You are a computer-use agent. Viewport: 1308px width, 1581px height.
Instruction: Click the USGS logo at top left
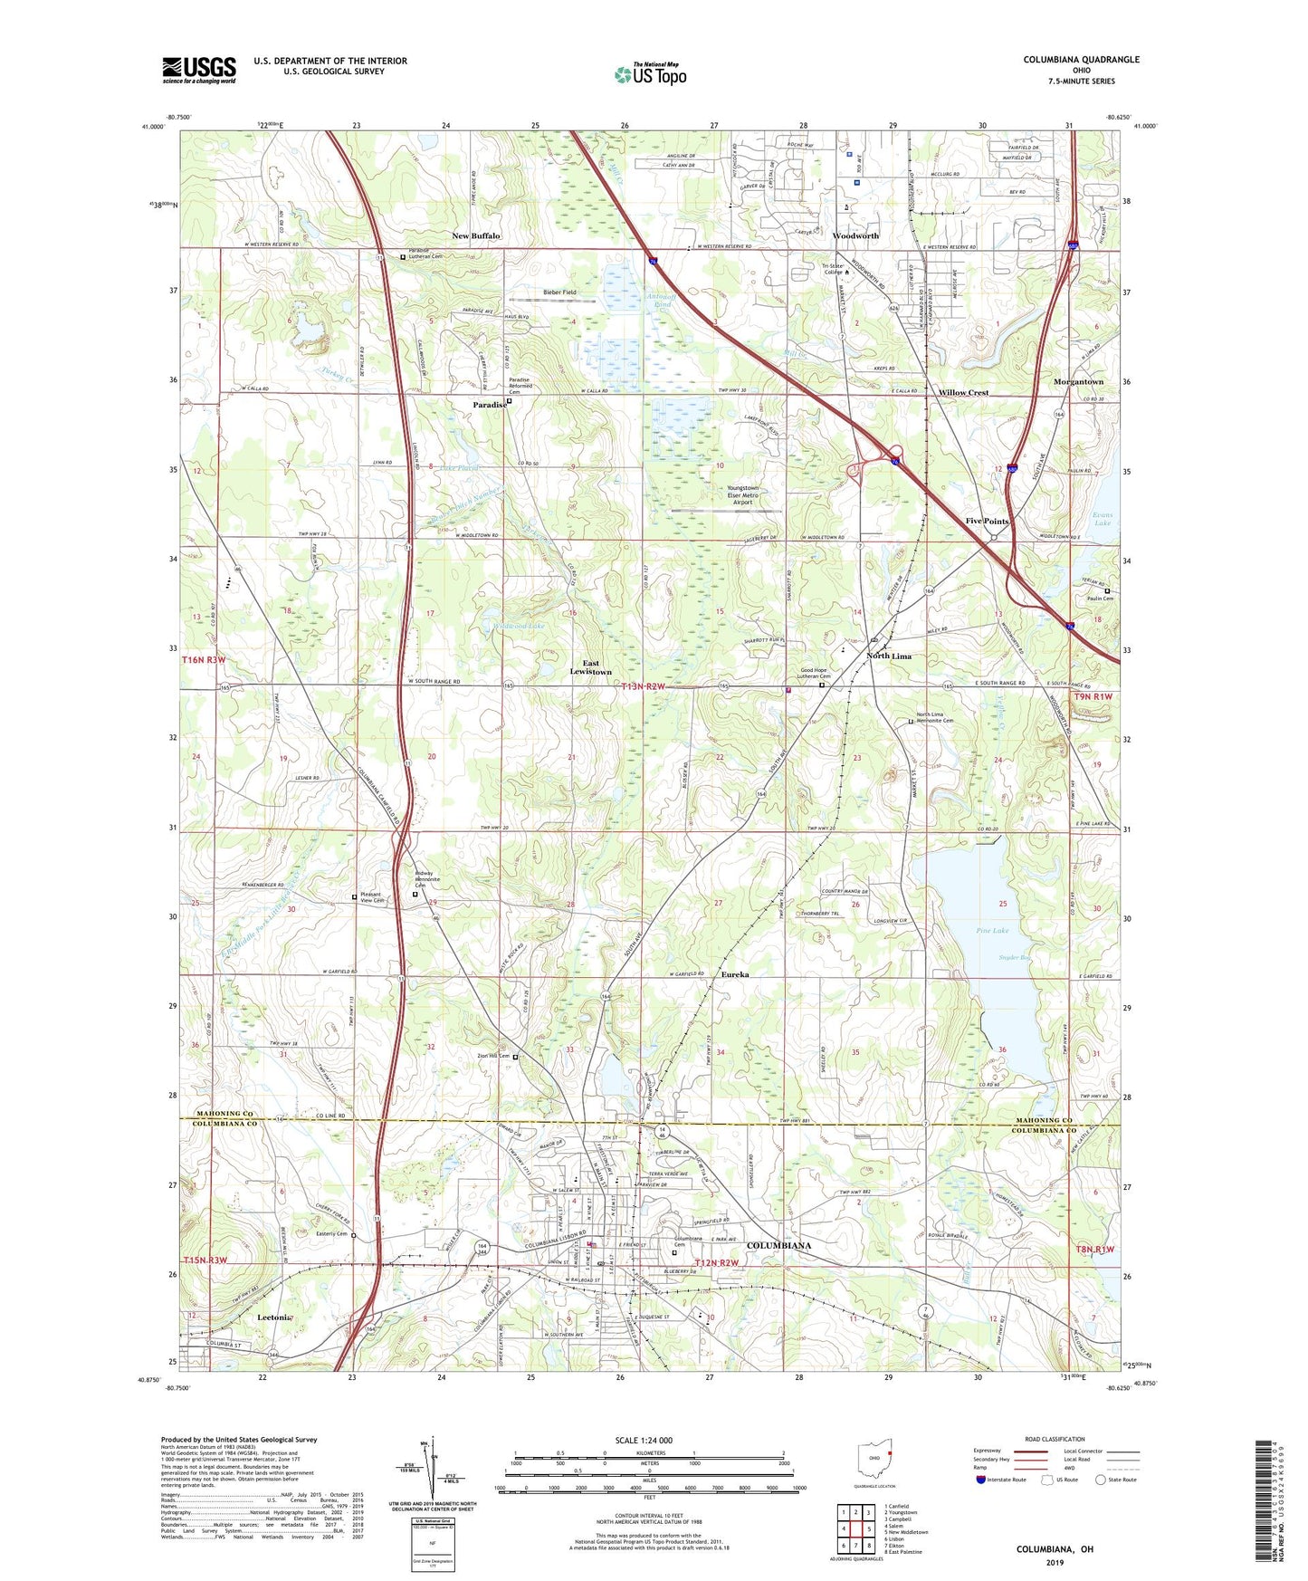click(198, 70)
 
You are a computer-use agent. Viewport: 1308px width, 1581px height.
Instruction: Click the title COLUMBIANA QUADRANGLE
click(1081, 60)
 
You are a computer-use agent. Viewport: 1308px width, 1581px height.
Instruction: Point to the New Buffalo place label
click(476, 236)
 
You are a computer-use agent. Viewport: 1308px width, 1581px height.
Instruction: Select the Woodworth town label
click(855, 236)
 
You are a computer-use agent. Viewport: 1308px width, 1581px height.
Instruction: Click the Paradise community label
click(489, 405)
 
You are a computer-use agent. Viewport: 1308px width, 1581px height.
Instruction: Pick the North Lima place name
click(888, 656)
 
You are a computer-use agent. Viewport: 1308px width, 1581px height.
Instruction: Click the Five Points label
click(987, 522)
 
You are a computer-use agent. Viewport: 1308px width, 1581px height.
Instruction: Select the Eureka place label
click(735, 974)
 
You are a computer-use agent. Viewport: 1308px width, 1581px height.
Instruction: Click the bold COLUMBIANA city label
click(778, 1246)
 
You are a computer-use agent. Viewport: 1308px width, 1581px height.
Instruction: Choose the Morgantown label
click(1078, 382)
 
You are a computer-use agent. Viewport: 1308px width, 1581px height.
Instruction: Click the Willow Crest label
click(963, 393)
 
